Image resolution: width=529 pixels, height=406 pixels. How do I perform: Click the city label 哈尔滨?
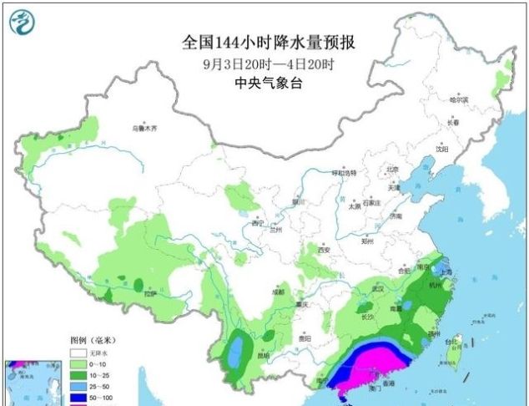(459, 99)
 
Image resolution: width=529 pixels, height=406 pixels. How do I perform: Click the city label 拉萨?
(150, 293)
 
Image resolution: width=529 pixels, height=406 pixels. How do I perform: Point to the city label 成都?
(276, 292)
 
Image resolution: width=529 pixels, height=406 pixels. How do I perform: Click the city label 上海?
(447, 272)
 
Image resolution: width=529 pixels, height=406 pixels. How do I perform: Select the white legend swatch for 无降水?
(79, 353)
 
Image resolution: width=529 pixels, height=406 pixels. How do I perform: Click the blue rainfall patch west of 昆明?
(239, 347)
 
